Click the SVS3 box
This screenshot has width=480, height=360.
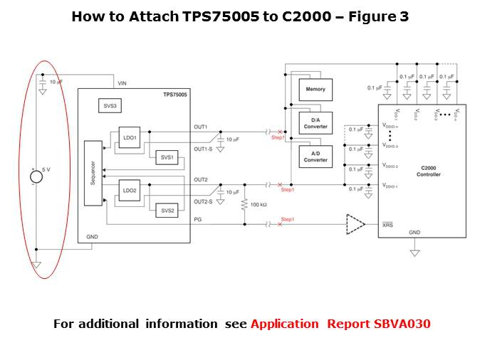tap(110, 105)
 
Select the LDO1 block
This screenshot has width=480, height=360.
tap(130, 137)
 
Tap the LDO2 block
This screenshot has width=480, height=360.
tap(130, 191)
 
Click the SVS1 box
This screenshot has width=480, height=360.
tap(167, 157)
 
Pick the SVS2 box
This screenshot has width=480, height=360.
tap(167, 211)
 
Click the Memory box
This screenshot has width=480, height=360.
tap(315, 90)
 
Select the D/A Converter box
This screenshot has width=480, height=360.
tap(315, 124)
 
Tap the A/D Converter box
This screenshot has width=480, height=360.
tap(315, 157)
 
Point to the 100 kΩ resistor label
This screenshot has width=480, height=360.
tap(259, 205)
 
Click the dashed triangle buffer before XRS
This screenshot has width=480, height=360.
tap(355, 225)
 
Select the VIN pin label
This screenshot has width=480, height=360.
tap(122, 83)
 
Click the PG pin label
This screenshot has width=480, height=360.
tap(198, 220)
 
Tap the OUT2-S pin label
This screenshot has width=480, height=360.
tap(203, 202)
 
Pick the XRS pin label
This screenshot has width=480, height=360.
tap(387, 226)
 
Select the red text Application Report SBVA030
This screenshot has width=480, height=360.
tap(340, 324)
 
